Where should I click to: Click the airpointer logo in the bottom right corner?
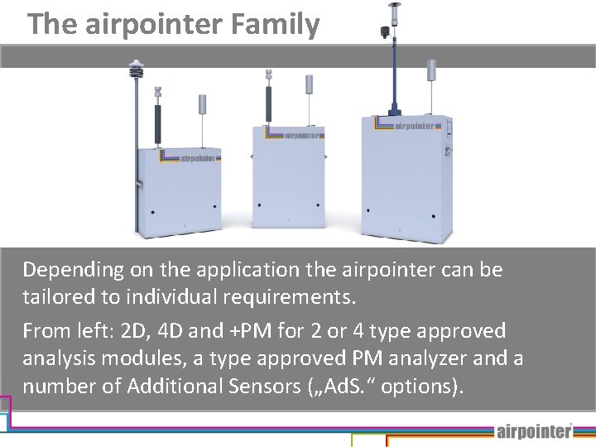[x=534, y=430]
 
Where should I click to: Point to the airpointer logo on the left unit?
[x=199, y=157]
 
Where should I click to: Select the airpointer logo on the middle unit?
[x=304, y=134]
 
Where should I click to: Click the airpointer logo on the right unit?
[x=413, y=126]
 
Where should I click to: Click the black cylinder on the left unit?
[x=156, y=124]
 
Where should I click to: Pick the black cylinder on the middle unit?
[x=268, y=103]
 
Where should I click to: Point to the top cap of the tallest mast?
[x=395, y=5]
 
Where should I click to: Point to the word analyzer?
[x=441, y=358]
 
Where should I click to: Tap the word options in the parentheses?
[x=416, y=386]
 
